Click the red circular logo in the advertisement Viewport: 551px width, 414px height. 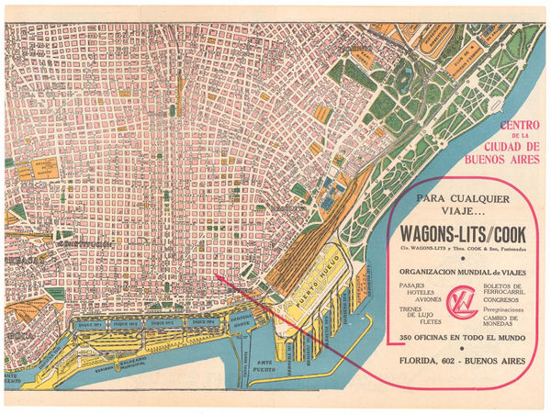coord(457,302)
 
